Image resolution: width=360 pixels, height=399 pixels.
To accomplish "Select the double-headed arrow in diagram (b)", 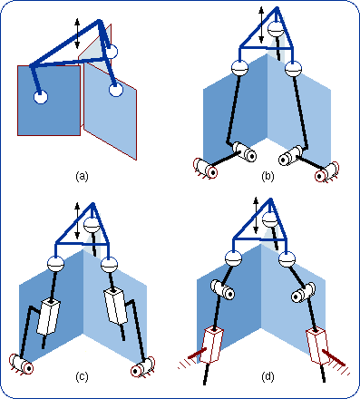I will pos(263,22).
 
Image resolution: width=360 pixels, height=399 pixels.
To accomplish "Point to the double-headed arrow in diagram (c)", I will pos(78,227).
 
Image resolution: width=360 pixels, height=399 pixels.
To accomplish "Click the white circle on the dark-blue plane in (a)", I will pos(42,96).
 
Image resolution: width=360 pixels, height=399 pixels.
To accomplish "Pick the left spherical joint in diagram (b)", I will pos(240,69).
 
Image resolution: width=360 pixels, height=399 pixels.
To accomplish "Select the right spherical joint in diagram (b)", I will pos(293,69).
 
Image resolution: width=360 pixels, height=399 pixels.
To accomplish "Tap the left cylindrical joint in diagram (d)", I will pos(224,290).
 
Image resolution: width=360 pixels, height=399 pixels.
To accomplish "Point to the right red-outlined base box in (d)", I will pos(318,345).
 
